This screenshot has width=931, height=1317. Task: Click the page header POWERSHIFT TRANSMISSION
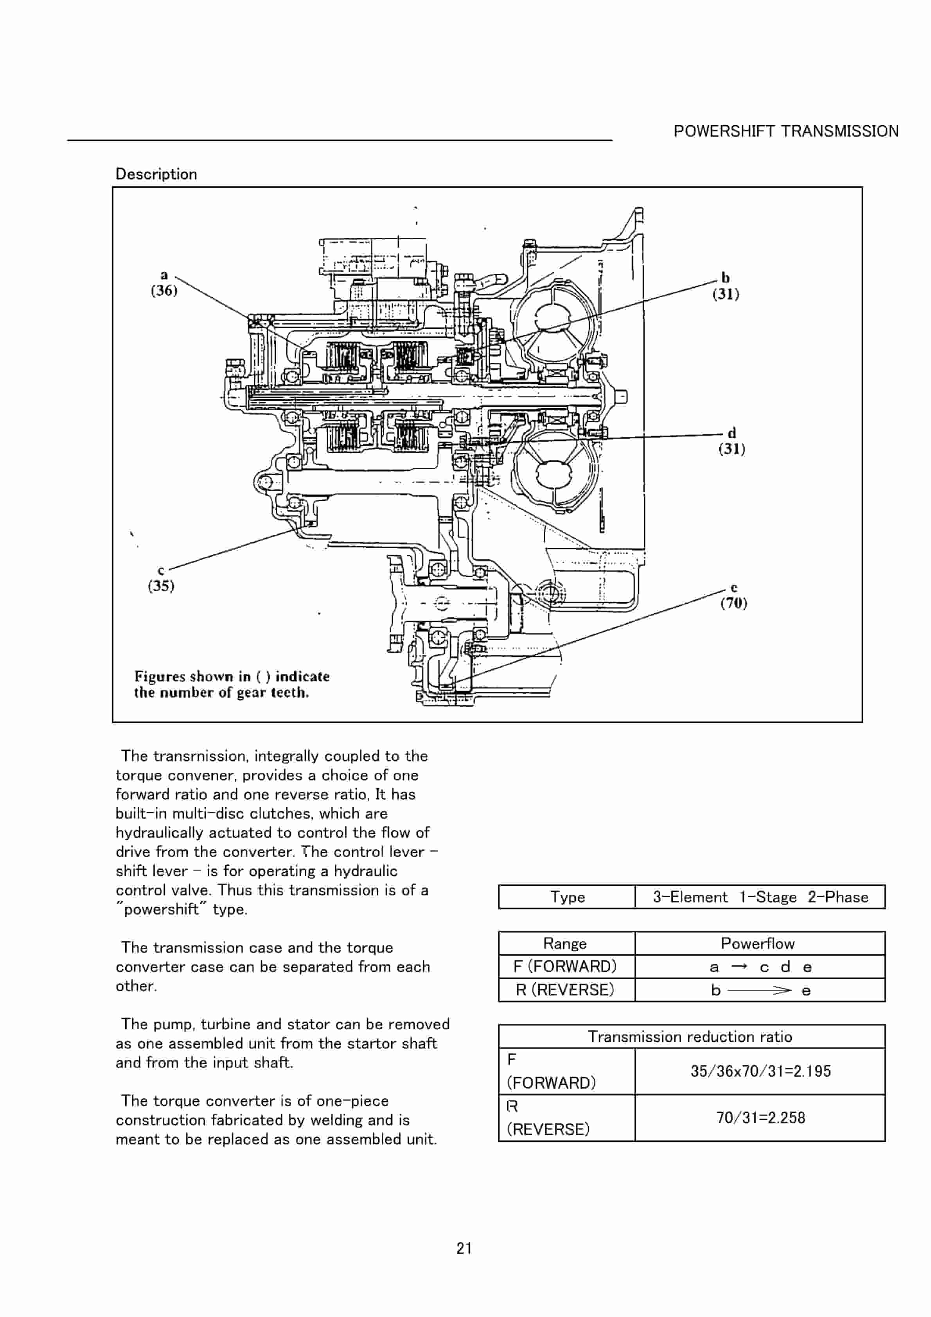coord(786,131)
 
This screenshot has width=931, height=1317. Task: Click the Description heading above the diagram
coord(156,174)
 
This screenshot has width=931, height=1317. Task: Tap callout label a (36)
coord(164,283)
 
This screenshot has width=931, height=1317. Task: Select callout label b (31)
coord(726,286)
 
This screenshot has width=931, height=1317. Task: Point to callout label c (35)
coord(161,579)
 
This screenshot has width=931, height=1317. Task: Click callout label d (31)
coord(732,441)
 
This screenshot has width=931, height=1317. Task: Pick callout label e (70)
coord(733,596)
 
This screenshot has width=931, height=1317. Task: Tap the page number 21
coord(464,1248)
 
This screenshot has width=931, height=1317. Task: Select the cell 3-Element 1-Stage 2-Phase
coord(760,897)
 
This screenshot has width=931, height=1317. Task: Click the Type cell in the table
coord(567,897)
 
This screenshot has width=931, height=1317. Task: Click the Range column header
coord(565,944)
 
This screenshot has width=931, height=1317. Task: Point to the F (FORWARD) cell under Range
coord(565,967)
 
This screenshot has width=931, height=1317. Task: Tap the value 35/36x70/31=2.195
coord(760,1071)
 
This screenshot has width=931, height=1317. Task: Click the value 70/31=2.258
coord(760,1118)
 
